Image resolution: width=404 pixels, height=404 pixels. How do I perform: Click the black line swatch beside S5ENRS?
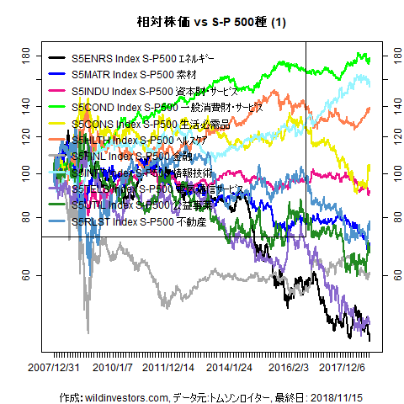point(58,60)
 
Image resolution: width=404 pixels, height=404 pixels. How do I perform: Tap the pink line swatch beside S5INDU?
point(58,92)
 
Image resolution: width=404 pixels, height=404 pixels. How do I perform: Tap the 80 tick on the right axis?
point(388,217)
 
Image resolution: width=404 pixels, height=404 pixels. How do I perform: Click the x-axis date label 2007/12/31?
point(56,368)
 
